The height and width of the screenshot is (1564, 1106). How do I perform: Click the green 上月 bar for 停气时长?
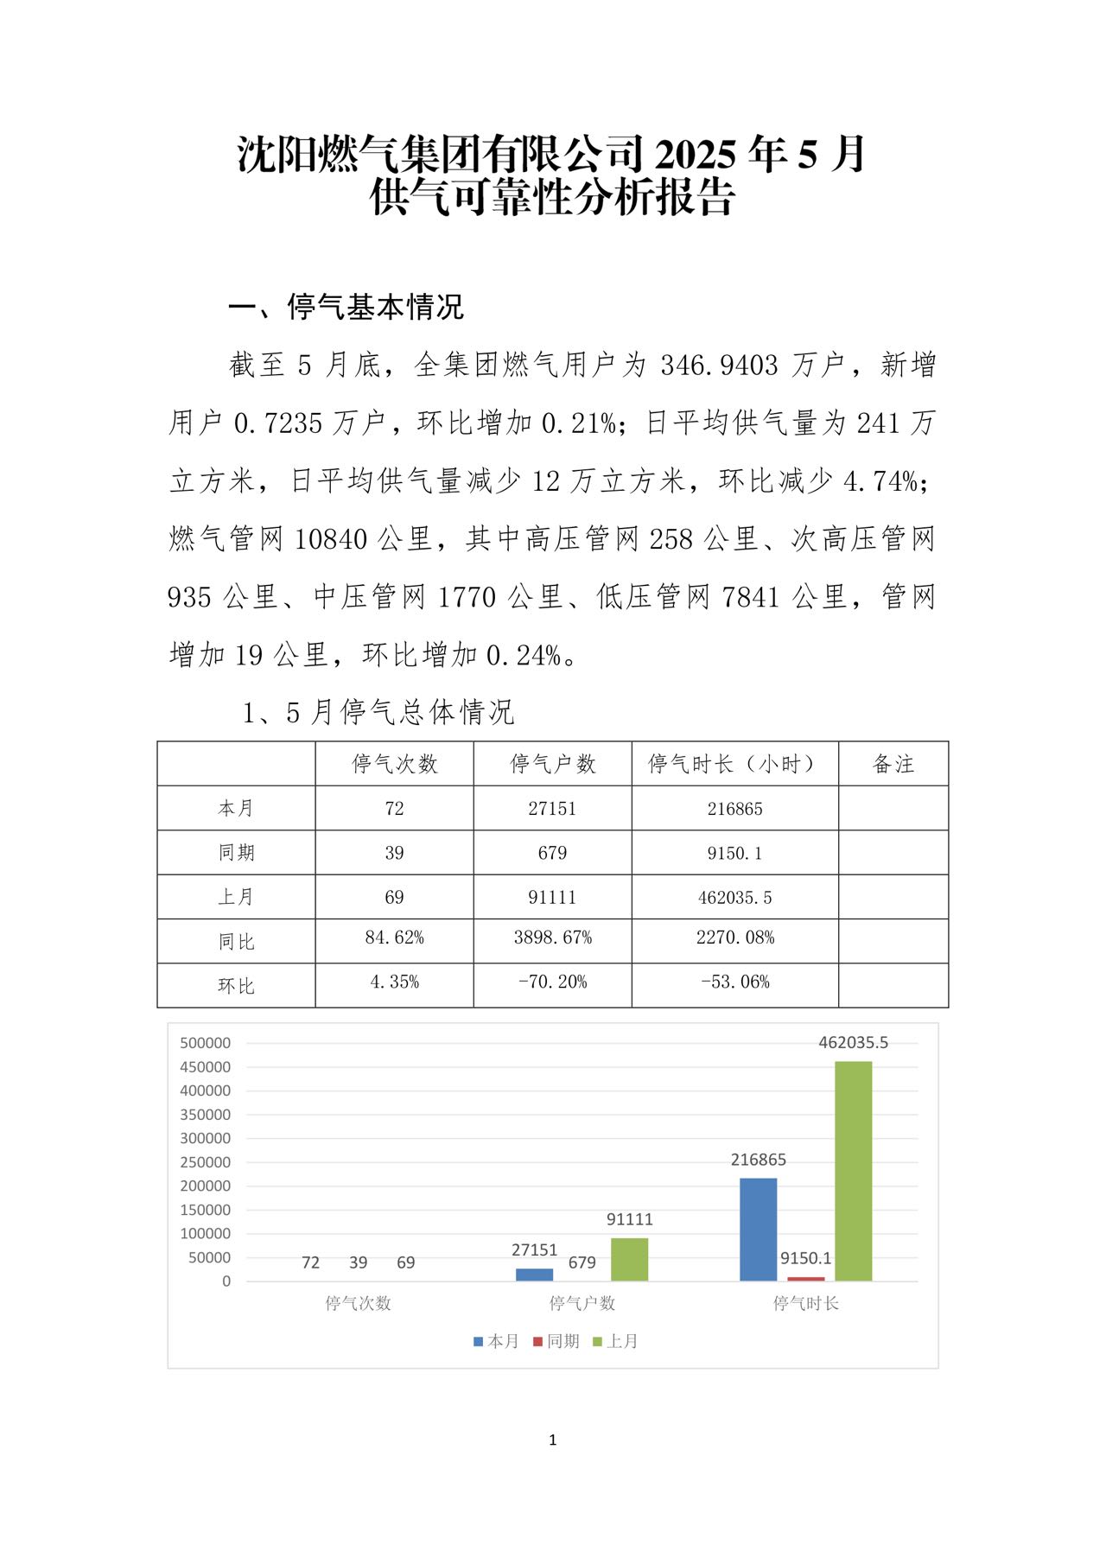point(853,1171)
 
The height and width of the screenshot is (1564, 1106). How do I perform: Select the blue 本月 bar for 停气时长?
point(758,1229)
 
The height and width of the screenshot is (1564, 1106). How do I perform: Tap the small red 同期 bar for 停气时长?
point(805,1279)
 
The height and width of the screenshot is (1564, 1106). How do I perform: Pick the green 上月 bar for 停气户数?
point(629,1259)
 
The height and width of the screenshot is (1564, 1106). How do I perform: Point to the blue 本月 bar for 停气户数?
point(534,1275)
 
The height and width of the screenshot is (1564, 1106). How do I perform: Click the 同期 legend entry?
point(556,1341)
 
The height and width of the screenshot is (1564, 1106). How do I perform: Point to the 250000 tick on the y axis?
point(205,1162)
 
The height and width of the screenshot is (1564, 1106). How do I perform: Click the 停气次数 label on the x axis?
point(358,1303)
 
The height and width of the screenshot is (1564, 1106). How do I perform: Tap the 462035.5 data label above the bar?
point(853,1043)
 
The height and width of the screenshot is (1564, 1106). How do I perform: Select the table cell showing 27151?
point(552,809)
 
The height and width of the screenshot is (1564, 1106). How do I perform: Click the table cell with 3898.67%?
point(552,938)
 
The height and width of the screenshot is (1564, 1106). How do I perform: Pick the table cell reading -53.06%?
point(734,982)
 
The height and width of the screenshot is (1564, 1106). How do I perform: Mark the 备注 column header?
point(893,764)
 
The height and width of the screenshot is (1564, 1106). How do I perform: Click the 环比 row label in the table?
point(236,986)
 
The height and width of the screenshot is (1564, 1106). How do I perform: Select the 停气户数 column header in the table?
point(552,764)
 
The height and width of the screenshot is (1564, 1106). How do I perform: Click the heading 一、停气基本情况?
point(346,307)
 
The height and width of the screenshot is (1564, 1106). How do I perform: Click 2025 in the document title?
point(696,156)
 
